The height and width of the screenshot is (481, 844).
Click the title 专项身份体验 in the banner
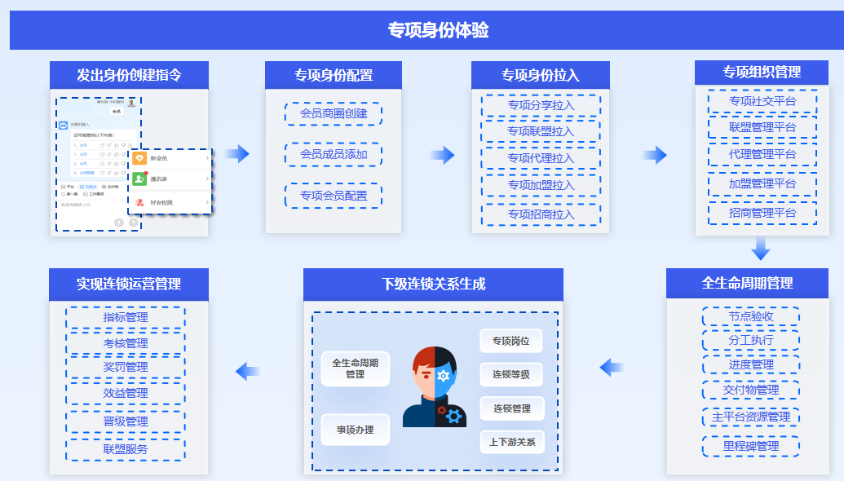[x=438, y=31]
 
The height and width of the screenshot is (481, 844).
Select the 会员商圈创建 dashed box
[x=334, y=113]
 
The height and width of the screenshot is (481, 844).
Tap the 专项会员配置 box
[x=334, y=196]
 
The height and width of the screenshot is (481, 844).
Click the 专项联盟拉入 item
[x=541, y=131]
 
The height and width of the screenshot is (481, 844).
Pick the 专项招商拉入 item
[x=541, y=214]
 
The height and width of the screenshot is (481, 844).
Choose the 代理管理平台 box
[x=762, y=154]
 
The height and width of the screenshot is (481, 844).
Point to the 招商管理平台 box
[x=762, y=213]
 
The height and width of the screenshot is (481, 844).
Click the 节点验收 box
[x=751, y=316]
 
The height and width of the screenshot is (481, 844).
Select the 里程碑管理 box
[x=751, y=446]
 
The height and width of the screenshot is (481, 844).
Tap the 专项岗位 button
[x=510, y=341]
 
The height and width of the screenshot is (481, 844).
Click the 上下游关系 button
[x=511, y=442]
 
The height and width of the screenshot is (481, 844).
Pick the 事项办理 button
[x=355, y=429]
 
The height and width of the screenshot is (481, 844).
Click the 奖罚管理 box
[x=126, y=367]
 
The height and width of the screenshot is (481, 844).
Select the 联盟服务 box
[x=126, y=449]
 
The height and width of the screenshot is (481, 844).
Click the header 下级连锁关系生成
[x=433, y=284]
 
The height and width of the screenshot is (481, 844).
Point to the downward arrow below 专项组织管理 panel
[x=761, y=249]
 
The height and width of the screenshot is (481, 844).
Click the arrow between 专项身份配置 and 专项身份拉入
[x=442, y=155]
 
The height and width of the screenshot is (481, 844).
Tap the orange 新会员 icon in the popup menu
[x=139, y=158]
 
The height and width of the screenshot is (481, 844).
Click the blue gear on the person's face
[x=444, y=375]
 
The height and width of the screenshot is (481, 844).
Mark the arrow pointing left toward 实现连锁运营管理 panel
[x=248, y=372]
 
